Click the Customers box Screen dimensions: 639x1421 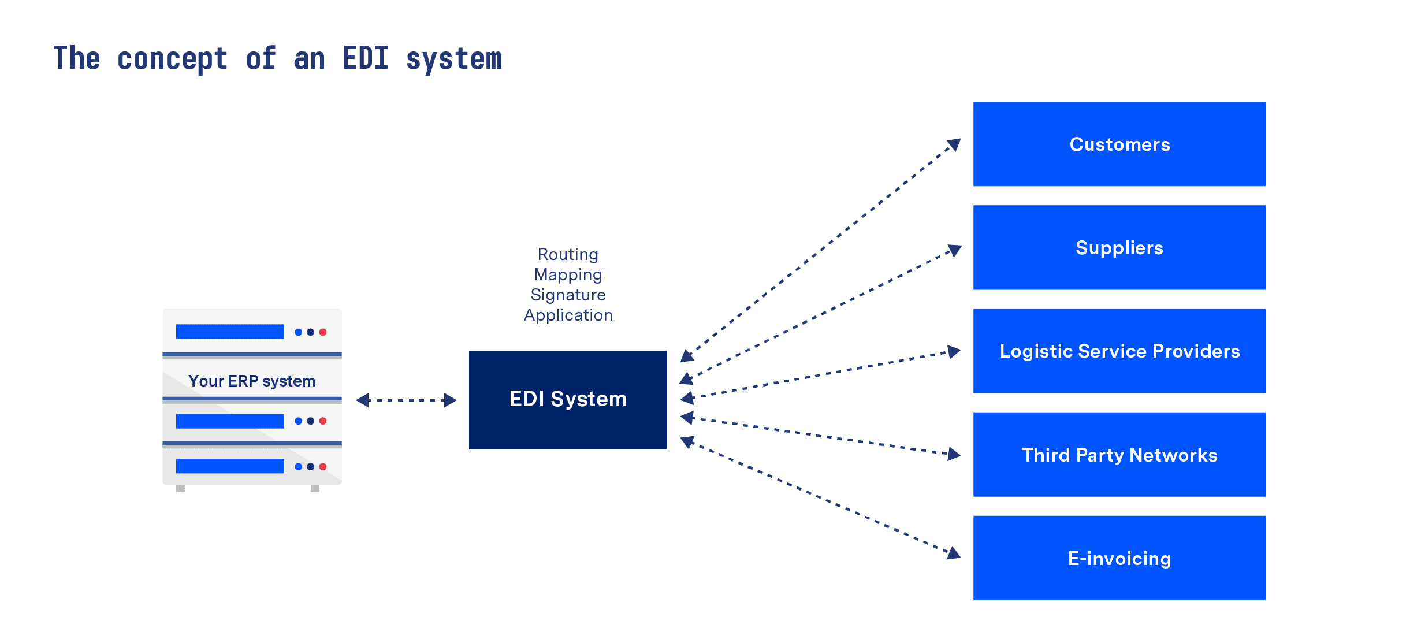tap(1119, 144)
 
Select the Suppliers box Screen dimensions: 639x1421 tap(1119, 247)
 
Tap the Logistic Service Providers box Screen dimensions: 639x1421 tap(1119, 351)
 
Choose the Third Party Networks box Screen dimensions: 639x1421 tap(1119, 455)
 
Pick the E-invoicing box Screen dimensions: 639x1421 tap(1119, 558)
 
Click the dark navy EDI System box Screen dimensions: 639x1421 tap(568, 400)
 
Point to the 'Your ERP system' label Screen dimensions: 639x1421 tap(252, 381)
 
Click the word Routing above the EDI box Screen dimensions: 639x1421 tap(568, 254)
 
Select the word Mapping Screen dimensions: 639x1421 tap(568, 274)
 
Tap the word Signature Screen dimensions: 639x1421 tap(568, 295)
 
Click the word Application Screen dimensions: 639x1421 tap(568, 315)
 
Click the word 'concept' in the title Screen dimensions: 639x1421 tap(172, 59)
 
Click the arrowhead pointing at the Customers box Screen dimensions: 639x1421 tap(954, 144)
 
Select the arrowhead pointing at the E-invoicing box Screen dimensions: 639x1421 tap(954, 553)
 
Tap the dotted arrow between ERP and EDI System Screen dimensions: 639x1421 tap(406, 400)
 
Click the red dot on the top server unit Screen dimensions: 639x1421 tap(323, 332)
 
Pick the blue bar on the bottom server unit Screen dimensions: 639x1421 tap(230, 466)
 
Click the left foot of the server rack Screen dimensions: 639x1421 tap(180, 489)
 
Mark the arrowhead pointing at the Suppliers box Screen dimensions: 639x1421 tap(955, 250)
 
